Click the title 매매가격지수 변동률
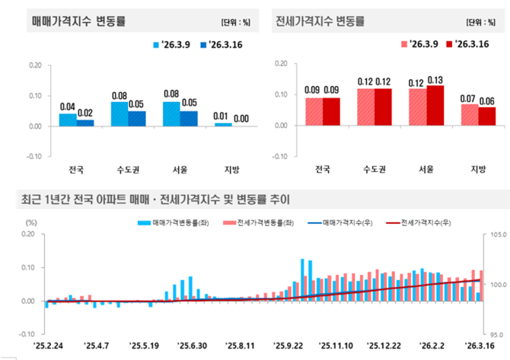click(x=79, y=21)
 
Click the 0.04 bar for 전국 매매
click(x=68, y=119)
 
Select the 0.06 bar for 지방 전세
click(x=486, y=116)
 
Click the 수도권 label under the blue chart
click(x=128, y=169)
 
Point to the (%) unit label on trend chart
click(x=30, y=221)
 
